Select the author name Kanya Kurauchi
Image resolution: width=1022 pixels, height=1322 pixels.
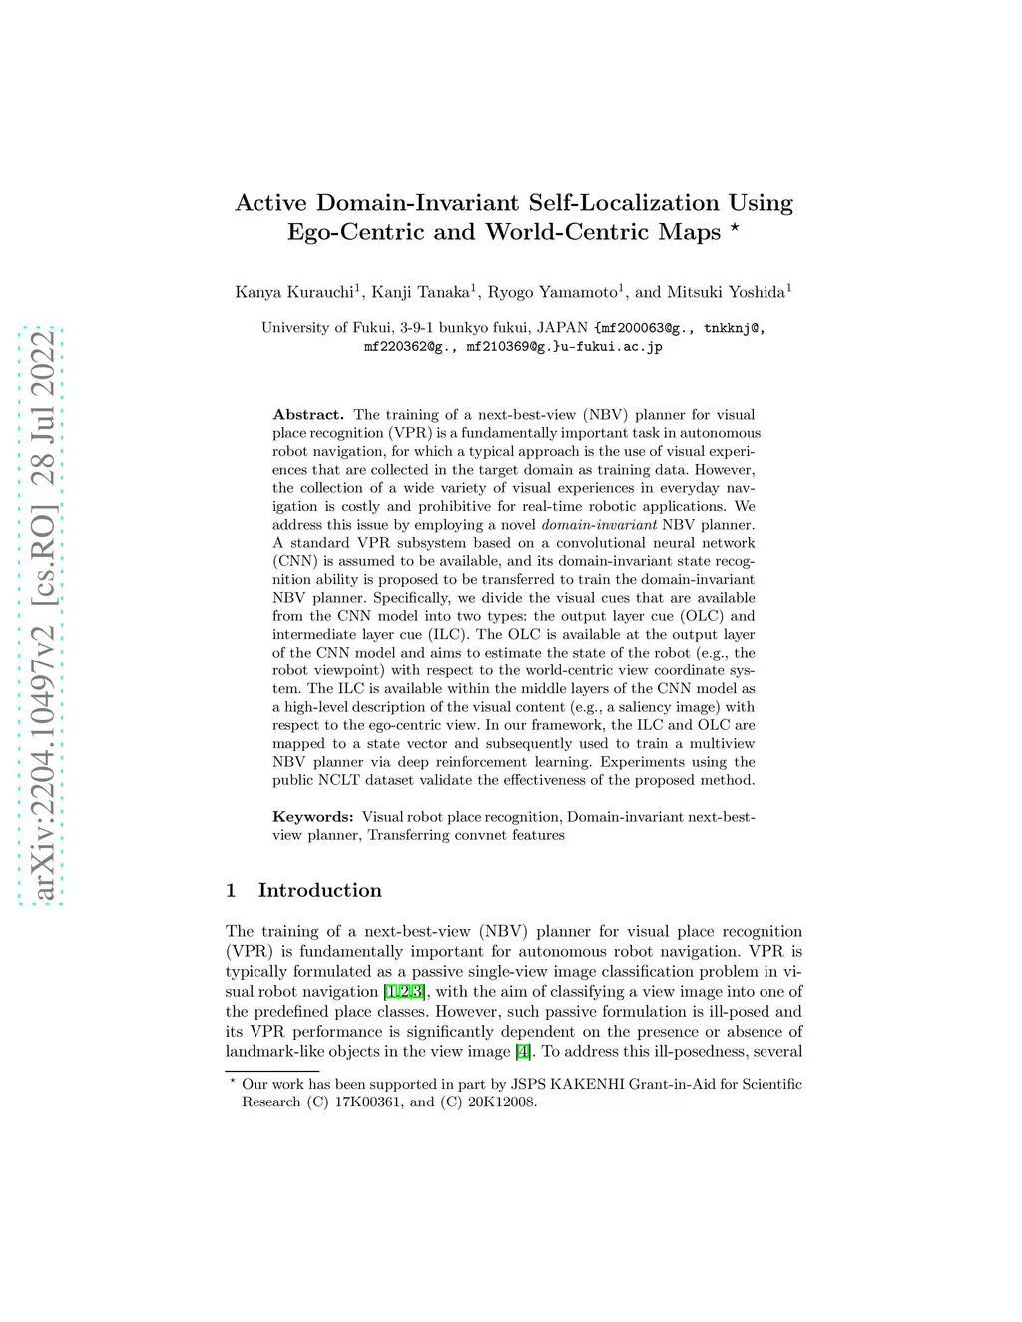click(294, 292)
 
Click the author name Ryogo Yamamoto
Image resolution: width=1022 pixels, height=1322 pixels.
click(552, 292)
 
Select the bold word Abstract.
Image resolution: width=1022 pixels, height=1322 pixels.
click(307, 415)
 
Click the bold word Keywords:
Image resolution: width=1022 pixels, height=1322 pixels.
click(313, 817)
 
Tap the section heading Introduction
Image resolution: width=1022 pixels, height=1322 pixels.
click(319, 890)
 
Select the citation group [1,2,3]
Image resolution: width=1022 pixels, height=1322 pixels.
click(405, 992)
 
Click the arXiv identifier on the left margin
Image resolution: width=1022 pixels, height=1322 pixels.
click(43, 614)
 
